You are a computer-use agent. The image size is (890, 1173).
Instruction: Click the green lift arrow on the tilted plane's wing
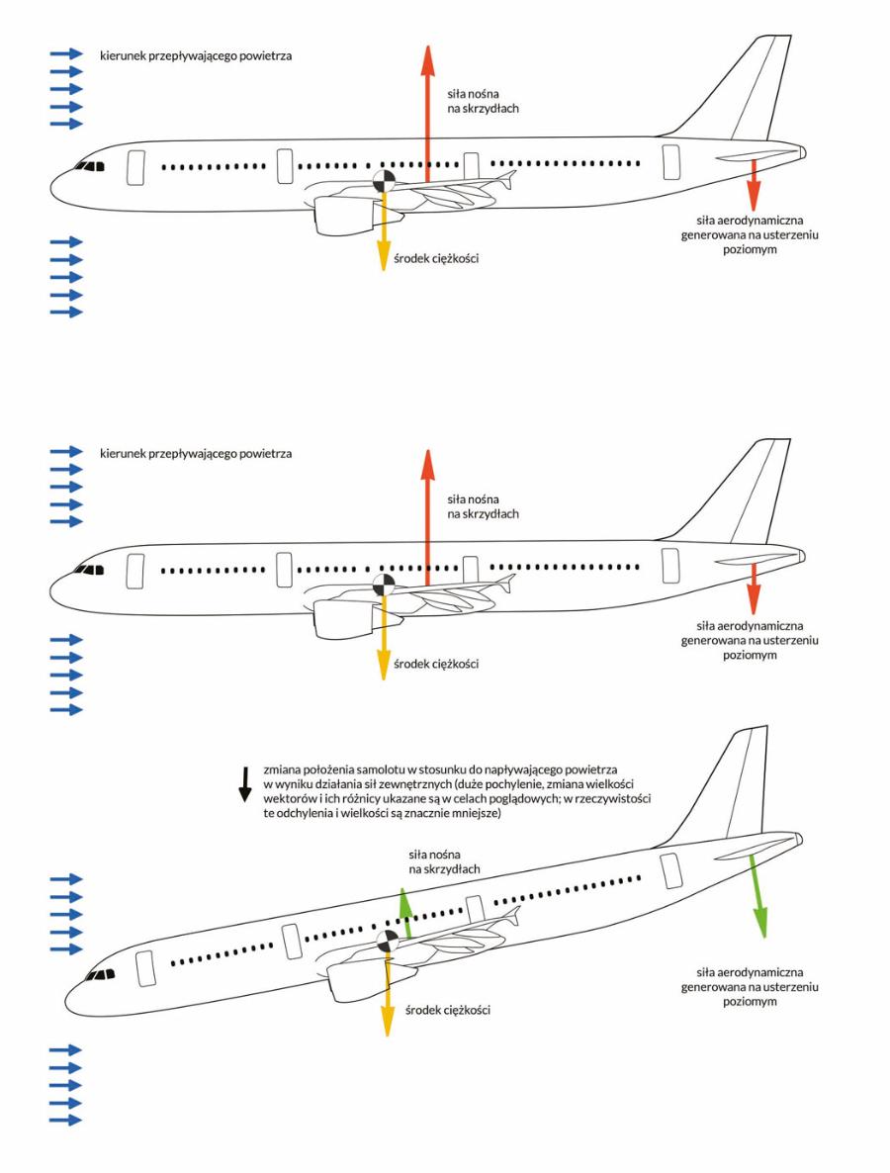click(x=405, y=913)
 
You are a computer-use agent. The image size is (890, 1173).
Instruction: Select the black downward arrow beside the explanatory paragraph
click(x=244, y=784)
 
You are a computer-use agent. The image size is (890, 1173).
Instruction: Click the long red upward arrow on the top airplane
click(x=427, y=113)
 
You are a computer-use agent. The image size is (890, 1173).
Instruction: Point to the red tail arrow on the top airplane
click(x=754, y=185)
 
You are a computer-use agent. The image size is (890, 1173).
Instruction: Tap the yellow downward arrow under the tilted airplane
click(x=388, y=995)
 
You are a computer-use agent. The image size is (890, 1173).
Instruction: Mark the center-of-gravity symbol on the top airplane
click(x=384, y=180)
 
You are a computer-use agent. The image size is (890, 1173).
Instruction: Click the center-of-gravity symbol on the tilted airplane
click(x=388, y=942)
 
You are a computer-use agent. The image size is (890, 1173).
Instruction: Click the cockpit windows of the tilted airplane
click(x=101, y=975)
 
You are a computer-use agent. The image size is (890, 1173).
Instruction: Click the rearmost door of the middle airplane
click(x=670, y=566)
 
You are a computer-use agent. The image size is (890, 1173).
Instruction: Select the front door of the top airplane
click(x=135, y=167)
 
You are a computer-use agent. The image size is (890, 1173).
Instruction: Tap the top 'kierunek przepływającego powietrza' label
click(x=196, y=55)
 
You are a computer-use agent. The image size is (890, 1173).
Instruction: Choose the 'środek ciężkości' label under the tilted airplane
click(x=448, y=1010)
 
